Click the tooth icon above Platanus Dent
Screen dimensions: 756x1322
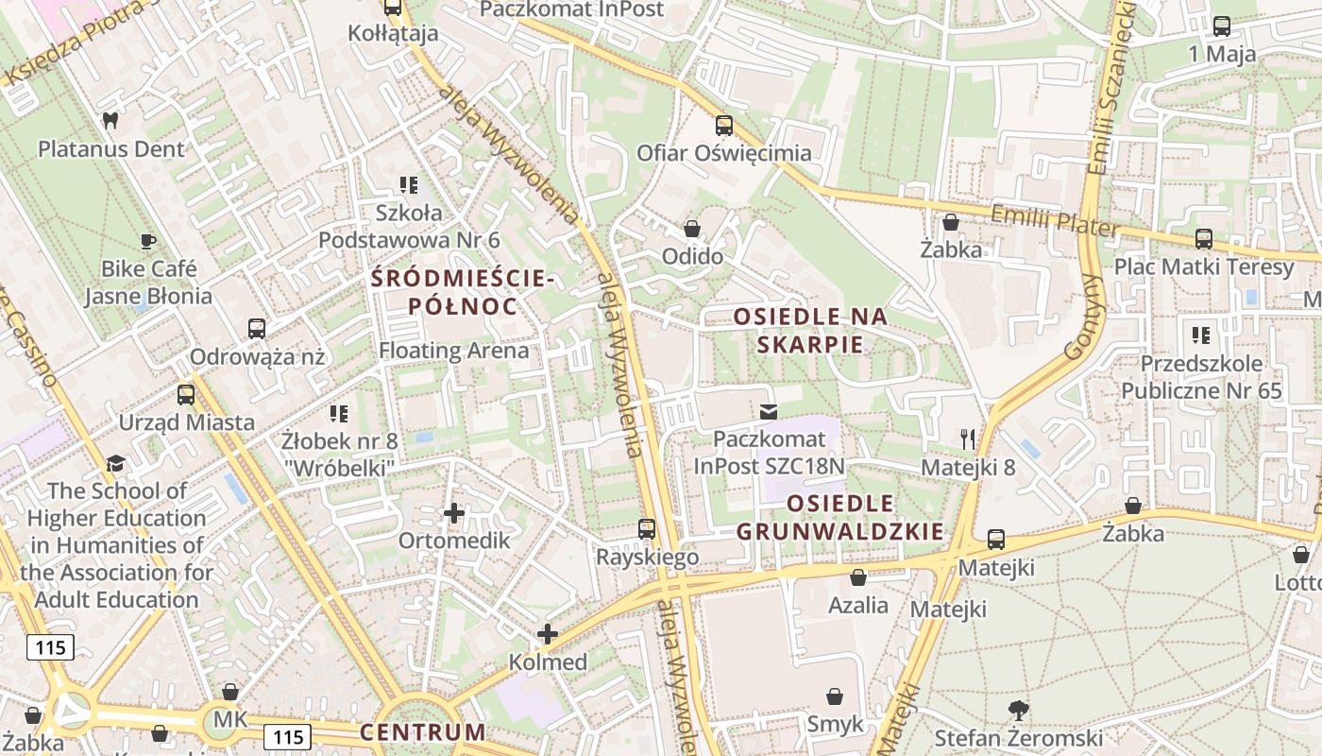point(110,121)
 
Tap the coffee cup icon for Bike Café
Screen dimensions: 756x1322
point(147,241)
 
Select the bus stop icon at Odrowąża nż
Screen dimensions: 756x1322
point(257,329)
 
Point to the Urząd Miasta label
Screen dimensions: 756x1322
point(186,421)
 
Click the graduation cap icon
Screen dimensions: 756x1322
point(115,463)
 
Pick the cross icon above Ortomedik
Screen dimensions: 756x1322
point(454,513)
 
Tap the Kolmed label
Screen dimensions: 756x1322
point(548,662)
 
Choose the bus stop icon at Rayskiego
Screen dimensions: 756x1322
point(647,529)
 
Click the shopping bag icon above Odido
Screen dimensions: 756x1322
point(692,229)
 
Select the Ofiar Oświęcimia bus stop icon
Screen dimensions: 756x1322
point(723,125)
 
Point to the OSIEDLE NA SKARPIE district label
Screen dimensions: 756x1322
point(811,330)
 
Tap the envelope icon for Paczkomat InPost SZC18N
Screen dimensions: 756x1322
point(769,411)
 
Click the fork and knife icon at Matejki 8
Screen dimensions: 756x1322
point(968,438)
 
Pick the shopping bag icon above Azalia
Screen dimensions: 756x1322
point(858,576)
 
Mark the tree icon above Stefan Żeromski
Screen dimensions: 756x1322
point(1018,710)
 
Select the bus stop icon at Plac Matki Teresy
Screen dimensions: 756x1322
point(1204,239)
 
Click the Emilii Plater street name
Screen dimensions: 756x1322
point(1054,221)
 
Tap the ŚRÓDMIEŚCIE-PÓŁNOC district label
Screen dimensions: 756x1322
point(462,292)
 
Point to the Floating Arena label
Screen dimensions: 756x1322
point(454,351)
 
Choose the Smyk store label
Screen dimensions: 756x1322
point(835,724)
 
